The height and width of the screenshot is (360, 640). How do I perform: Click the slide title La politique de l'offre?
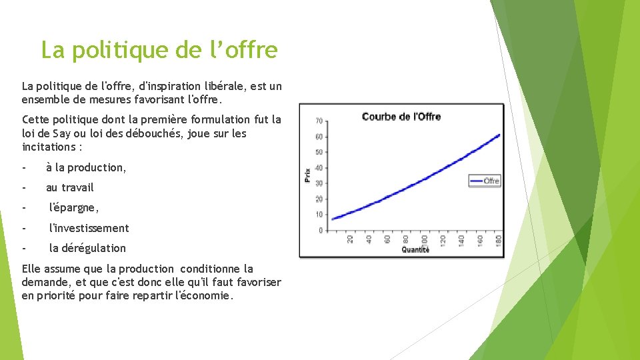click(159, 49)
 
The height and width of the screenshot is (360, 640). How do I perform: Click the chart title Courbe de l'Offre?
click(401, 117)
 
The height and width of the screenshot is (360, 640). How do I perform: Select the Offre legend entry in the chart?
click(485, 181)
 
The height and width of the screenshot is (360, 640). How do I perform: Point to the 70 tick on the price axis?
click(319, 121)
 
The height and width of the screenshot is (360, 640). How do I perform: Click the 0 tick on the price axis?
click(321, 231)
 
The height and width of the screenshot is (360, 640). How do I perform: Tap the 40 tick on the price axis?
click(319, 168)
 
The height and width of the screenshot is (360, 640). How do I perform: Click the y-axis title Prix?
click(307, 175)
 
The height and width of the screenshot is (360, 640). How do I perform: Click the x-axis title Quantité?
click(415, 250)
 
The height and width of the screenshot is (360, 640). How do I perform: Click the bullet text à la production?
click(86, 168)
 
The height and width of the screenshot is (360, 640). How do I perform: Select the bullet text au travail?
click(70, 188)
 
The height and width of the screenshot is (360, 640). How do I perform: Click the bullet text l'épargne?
click(74, 208)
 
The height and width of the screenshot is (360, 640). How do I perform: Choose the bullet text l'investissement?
click(89, 228)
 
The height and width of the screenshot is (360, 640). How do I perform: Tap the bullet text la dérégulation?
click(87, 248)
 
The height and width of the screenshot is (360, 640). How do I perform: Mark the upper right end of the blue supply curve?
click(499, 135)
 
